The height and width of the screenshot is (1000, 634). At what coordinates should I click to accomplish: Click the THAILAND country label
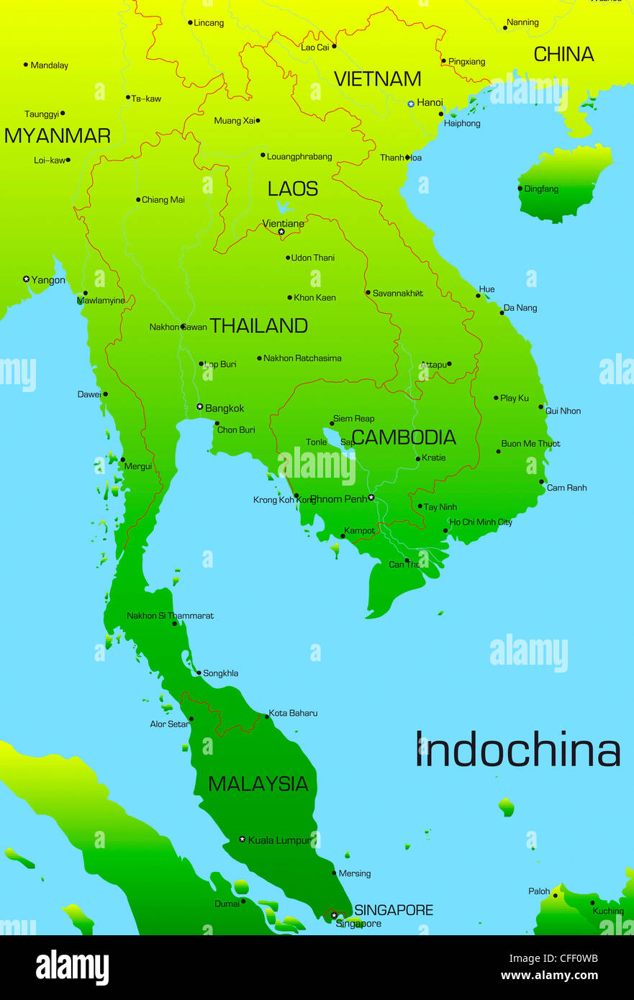(x=258, y=326)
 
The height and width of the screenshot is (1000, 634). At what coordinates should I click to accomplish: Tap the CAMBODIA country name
(x=404, y=437)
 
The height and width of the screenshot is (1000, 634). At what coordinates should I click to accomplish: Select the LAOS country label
(x=293, y=189)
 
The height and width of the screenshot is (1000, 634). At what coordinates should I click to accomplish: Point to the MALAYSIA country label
(x=258, y=784)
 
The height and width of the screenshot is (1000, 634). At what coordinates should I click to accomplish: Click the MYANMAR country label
(x=58, y=136)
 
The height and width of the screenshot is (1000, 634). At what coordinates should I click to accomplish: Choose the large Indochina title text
(x=517, y=750)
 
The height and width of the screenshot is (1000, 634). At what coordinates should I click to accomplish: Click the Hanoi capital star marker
(x=411, y=104)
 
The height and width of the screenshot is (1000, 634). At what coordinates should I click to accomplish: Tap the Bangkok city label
(x=225, y=409)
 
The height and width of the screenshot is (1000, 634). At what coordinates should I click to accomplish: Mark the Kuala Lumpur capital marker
(x=243, y=840)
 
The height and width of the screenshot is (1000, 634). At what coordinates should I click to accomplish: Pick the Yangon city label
(x=48, y=281)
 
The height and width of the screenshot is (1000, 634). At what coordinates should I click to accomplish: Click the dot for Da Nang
(x=502, y=313)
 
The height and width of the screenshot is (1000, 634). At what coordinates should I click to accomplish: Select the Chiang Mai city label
(x=163, y=200)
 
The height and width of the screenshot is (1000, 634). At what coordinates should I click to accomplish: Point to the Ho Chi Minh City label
(x=481, y=522)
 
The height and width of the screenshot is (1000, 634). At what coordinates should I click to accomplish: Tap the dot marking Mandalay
(x=26, y=65)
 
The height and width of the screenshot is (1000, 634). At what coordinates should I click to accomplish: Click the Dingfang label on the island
(x=541, y=189)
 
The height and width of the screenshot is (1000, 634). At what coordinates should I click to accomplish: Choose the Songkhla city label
(x=220, y=673)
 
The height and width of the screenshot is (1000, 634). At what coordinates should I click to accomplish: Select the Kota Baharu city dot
(x=267, y=717)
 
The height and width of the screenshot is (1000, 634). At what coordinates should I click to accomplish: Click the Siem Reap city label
(x=353, y=419)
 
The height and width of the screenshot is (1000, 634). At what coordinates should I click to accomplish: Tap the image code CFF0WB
(x=573, y=958)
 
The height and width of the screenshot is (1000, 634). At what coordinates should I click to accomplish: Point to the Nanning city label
(x=522, y=23)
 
